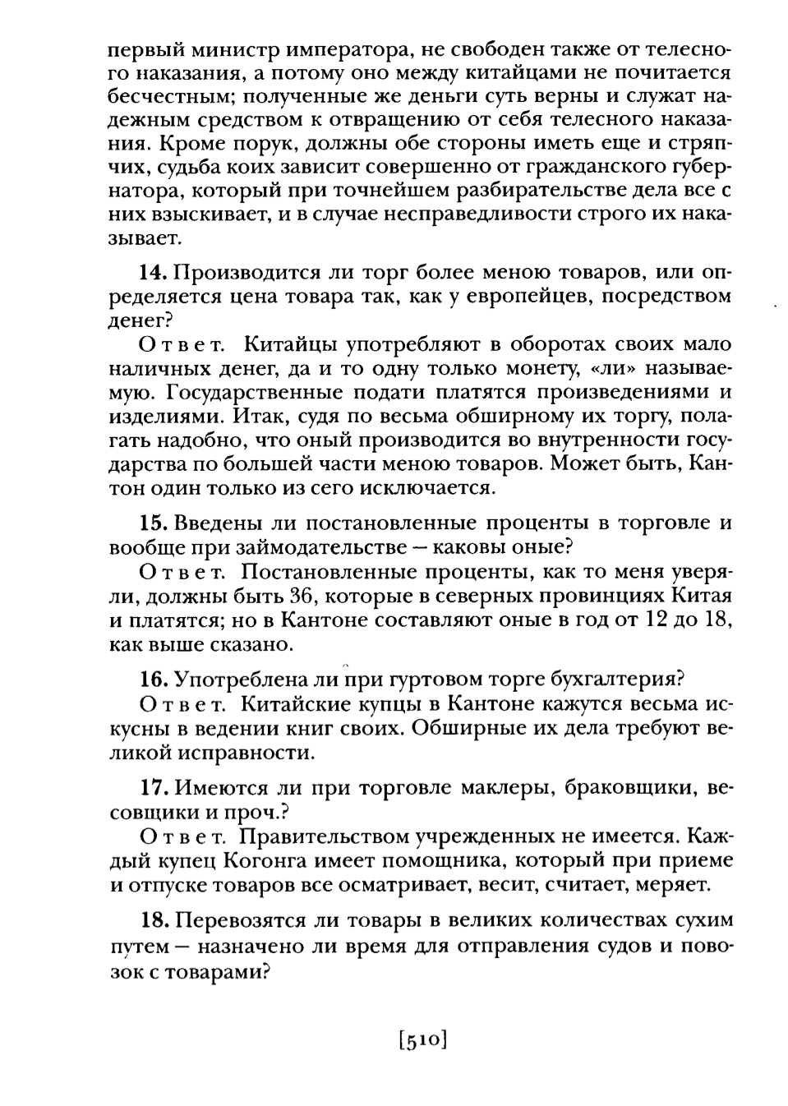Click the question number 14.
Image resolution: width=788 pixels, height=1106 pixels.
pos(153,272)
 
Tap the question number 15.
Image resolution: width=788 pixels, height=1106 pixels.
pos(153,523)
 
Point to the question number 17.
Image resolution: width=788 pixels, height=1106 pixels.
pos(153,787)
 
